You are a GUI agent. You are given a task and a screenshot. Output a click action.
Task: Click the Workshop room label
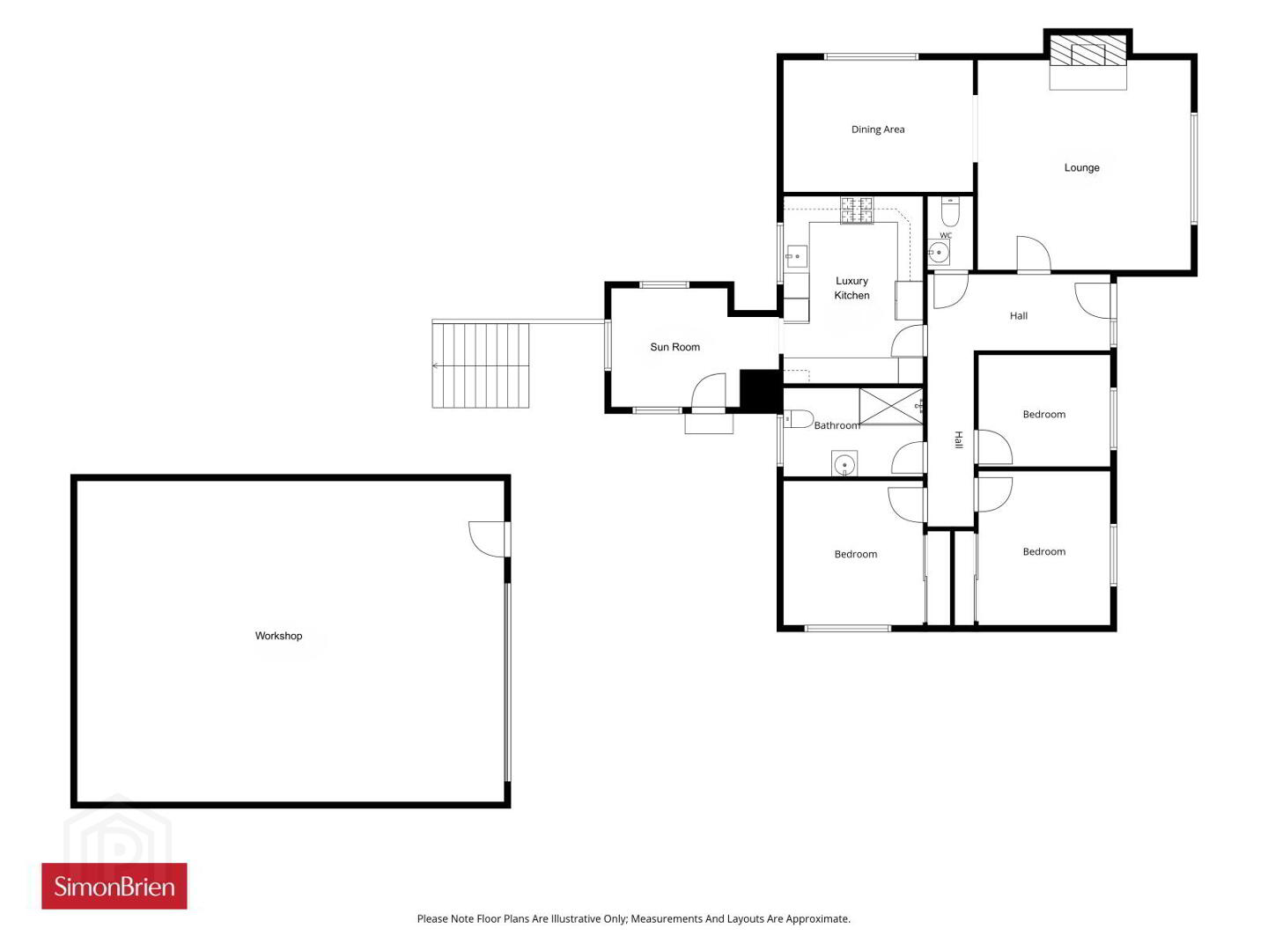pyautogui.click(x=278, y=635)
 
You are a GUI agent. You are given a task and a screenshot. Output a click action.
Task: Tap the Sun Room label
pyautogui.click(x=675, y=346)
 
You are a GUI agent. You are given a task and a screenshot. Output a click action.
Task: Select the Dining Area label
pyautogui.click(x=878, y=129)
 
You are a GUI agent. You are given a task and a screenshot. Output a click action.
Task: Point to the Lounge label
pyautogui.click(x=1081, y=167)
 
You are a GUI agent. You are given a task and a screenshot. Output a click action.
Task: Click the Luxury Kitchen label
pyautogui.click(x=851, y=288)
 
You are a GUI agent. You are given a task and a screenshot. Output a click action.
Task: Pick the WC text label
pyautogui.click(x=946, y=235)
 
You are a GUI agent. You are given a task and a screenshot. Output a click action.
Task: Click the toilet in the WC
pyautogui.click(x=950, y=211)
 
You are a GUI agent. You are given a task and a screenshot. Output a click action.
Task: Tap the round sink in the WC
pyautogui.click(x=939, y=253)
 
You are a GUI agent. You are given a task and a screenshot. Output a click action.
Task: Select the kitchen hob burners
pyautogui.click(x=857, y=210)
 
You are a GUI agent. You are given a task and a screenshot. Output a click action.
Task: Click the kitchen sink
pyautogui.click(x=796, y=255)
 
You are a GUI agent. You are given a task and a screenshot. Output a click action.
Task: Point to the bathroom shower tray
pyautogui.click(x=891, y=407)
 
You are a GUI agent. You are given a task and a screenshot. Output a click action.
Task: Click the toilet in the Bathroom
pyautogui.click(x=799, y=418)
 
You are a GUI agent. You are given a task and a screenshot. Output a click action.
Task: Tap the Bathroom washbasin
pyautogui.click(x=844, y=464)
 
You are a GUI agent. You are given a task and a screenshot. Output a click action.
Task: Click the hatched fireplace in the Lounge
pyautogui.click(x=1087, y=51)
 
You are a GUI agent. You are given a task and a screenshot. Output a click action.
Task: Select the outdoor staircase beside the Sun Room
pyautogui.click(x=480, y=365)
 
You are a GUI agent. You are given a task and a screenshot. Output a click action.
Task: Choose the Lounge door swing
pyautogui.click(x=1034, y=254)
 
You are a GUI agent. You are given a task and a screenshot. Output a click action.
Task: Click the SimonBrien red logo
pyautogui.click(x=114, y=887)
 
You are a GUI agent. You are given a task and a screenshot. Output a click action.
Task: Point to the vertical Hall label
pyautogui.click(x=958, y=440)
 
